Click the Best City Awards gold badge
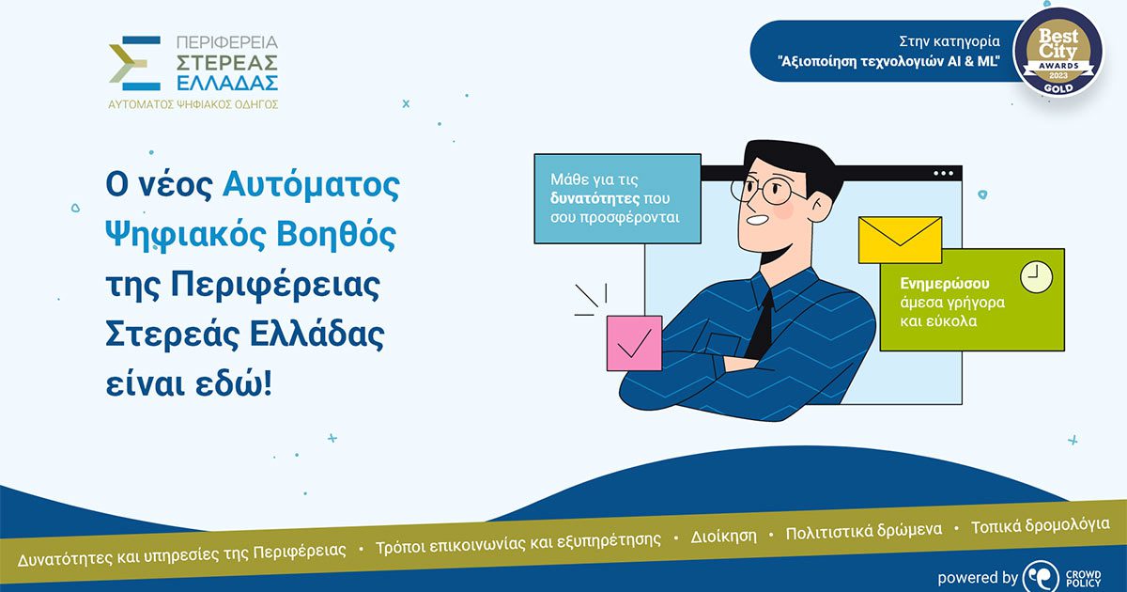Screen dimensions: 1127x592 (1058, 53)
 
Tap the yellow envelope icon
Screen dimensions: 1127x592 (900, 241)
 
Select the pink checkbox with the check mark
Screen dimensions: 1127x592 (635, 343)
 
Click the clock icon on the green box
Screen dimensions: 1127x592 (1037, 277)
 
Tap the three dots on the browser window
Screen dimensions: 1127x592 (943, 174)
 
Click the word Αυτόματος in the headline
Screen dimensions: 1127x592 (311, 185)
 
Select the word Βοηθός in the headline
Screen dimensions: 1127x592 (336, 235)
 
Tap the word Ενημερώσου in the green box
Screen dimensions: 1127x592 (945, 284)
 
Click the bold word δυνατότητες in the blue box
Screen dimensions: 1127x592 (594, 198)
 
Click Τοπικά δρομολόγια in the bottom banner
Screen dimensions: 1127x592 (1040, 525)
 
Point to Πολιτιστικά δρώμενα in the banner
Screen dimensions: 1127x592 (864, 531)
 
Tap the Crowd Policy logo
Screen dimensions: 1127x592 (1062, 577)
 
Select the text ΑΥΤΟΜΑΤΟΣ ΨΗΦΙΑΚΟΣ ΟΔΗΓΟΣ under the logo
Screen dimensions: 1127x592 (193, 104)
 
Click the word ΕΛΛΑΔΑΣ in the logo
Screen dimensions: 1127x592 (227, 83)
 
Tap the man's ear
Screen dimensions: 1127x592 (821, 207)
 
